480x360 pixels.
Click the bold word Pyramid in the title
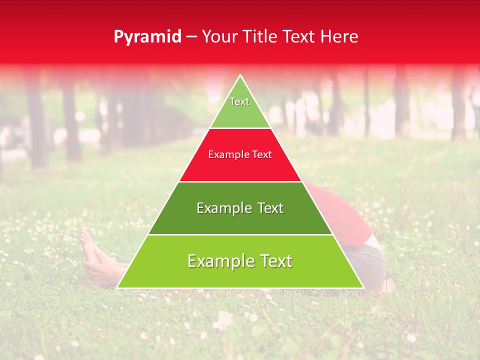coord(147,37)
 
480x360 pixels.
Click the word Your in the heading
coord(219,36)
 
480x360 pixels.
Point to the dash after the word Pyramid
coord(191,37)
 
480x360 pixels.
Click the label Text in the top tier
coord(239,101)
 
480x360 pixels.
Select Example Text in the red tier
coord(240,154)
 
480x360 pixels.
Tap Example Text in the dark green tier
coord(240,208)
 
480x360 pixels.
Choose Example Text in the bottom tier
coord(240,261)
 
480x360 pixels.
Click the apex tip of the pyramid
coord(240,75)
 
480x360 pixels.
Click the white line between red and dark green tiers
coord(240,181)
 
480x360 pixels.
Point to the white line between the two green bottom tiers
coord(240,234)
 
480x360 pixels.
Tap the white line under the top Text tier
coord(240,128)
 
